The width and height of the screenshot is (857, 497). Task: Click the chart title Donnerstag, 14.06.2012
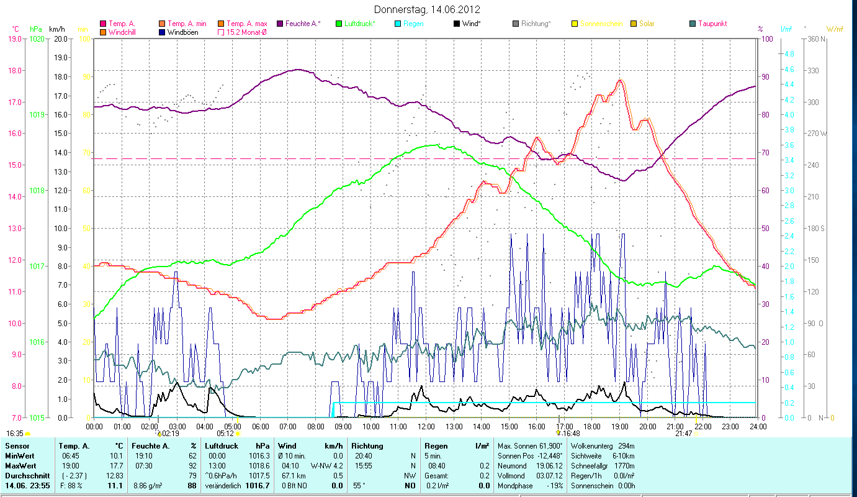point(428,9)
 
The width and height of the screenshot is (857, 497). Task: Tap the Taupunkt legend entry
point(712,24)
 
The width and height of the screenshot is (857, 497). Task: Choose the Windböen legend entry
point(182,32)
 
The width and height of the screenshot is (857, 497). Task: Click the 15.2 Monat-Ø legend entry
point(246,32)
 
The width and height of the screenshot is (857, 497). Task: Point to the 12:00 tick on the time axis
point(426,426)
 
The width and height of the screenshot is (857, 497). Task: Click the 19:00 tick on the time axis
point(620,426)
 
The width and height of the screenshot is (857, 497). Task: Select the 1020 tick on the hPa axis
point(37,39)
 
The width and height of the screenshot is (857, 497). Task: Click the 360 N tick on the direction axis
point(815,39)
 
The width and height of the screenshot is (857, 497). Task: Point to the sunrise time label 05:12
point(225,433)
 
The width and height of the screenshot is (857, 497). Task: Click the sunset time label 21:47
point(683,433)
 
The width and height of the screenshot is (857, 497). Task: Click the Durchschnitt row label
point(24,475)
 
